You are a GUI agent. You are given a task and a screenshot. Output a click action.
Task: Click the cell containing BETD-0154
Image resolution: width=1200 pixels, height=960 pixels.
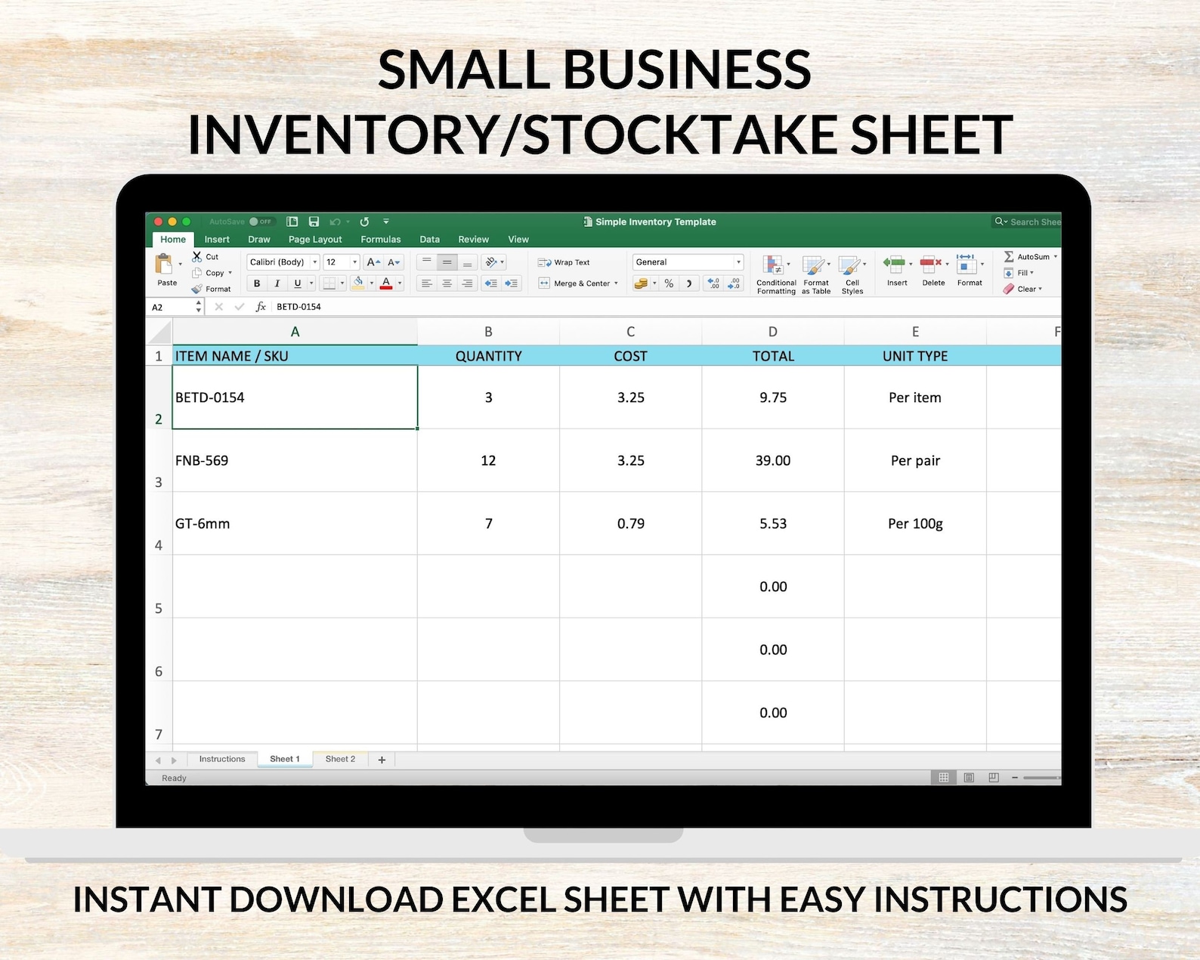[295, 398]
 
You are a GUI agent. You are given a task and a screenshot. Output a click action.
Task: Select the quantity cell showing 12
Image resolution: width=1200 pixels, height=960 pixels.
[488, 460]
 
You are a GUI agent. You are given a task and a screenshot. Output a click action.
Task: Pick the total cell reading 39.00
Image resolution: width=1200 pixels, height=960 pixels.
[772, 460]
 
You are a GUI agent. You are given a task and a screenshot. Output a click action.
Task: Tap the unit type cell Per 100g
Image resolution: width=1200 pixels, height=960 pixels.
[914, 524]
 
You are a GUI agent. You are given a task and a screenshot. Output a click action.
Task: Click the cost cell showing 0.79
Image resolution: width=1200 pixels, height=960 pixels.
[630, 524]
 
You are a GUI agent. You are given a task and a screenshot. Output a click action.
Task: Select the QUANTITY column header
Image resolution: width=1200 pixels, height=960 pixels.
[488, 356]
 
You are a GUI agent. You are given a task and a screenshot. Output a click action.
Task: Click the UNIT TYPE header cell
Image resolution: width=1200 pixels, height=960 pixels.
[914, 356]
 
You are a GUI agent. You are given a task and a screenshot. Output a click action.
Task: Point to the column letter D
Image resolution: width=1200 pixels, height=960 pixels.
[772, 332]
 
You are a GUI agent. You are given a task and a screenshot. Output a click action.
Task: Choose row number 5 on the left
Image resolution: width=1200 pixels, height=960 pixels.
[159, 608]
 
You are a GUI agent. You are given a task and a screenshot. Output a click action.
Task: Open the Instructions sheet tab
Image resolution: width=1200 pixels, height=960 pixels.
[222, 759]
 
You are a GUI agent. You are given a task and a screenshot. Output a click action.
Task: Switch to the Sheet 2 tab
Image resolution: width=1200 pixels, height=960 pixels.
[340, 759]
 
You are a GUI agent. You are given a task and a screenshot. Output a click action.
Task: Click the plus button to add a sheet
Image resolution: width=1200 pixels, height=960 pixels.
[382, 760]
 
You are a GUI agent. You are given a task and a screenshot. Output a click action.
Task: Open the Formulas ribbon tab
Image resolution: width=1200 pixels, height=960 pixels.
[381, 240]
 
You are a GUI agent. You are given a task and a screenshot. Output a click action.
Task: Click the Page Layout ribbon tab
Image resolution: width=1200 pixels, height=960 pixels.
[315, 240]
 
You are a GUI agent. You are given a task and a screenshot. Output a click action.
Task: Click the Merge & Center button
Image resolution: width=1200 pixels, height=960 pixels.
[578, 283]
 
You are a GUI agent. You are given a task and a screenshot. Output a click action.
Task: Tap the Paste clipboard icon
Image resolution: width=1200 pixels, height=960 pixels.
[165, 266]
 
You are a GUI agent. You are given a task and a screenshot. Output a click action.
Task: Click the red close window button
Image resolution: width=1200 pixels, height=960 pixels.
[159, 221]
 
